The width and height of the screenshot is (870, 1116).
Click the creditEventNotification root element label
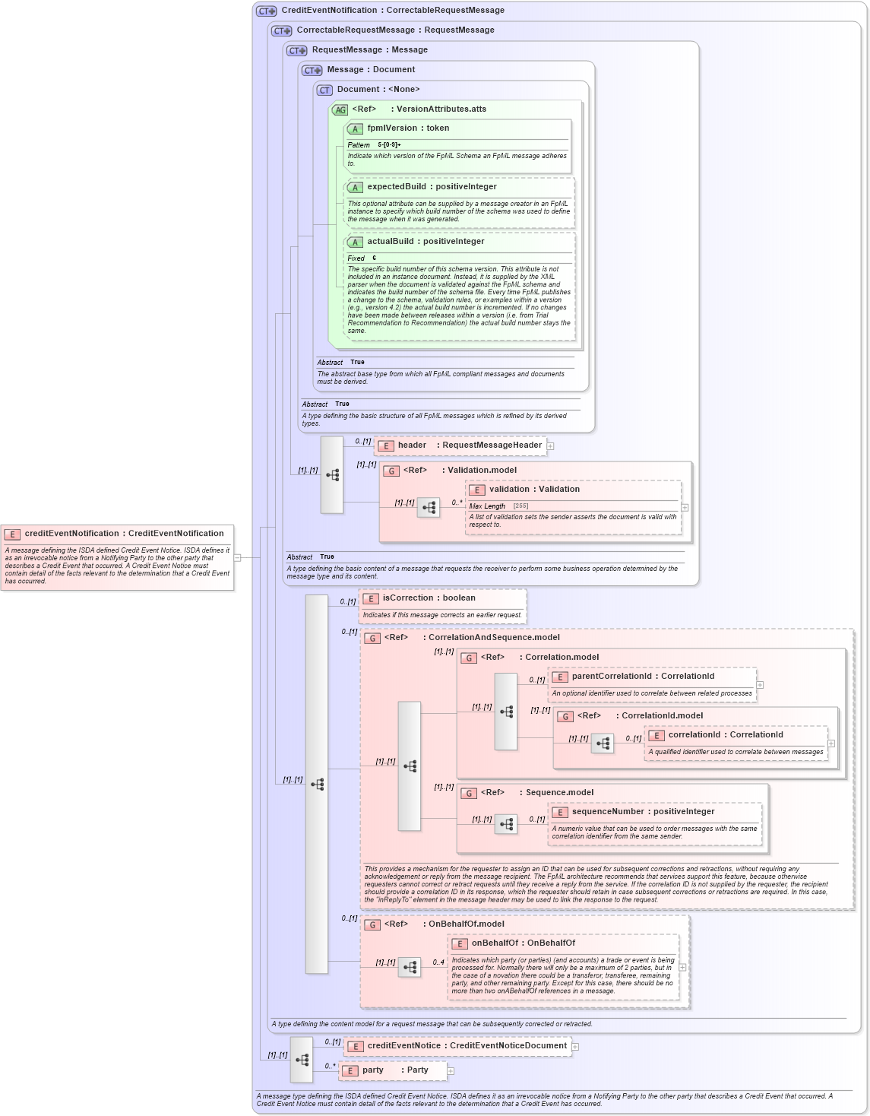click(x=123, y=534)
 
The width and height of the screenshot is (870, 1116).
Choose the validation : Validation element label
click(x=533, y=490)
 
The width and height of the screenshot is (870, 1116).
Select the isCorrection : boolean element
click(x=429, y=598)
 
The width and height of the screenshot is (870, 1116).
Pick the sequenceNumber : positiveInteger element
click(x=642, y=812)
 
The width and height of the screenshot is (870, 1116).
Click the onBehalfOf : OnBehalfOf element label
click(x=523, y=943)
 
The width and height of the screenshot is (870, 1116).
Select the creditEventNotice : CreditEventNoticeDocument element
click(x=467, y=1046)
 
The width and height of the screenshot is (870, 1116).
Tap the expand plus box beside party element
click(x=451, y=1071)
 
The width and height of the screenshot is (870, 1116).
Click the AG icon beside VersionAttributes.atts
click(x=340, y=110)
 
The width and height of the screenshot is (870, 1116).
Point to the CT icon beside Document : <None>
click(x=324, y=90)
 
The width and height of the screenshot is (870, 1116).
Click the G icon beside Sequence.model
click(x=469, y=794)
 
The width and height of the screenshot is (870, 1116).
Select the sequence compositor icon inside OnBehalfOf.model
click(x=410, y=967)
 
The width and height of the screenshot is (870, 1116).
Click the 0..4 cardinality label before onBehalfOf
click(x=438, y=962)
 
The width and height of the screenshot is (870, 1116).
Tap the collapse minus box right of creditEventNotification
click(x=237, y=557)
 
